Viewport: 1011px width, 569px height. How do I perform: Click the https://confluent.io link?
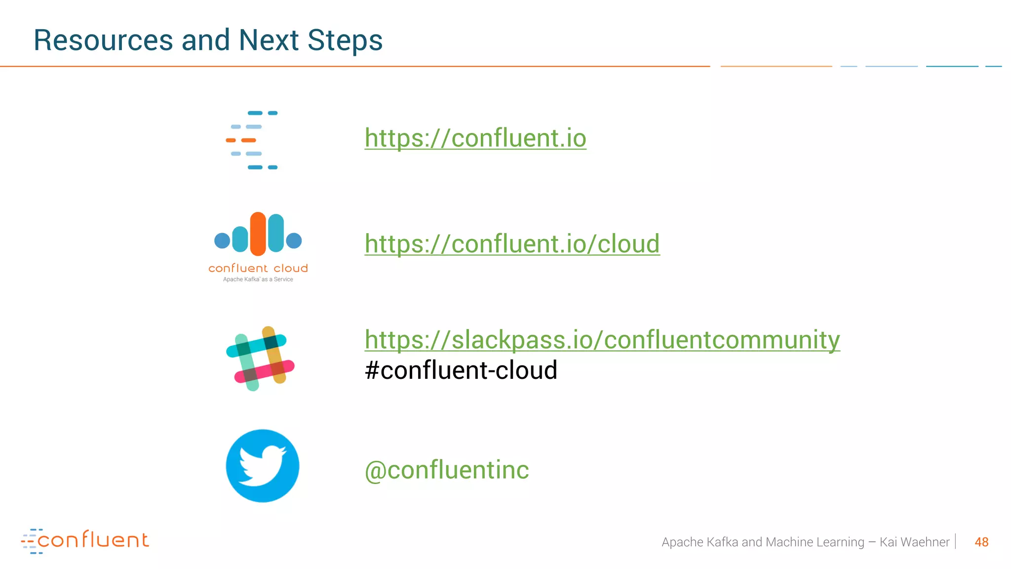475,138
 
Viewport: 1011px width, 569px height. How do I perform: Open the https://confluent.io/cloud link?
512,244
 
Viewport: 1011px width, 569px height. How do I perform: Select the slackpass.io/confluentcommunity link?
602,340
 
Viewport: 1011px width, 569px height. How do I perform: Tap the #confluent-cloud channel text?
461,370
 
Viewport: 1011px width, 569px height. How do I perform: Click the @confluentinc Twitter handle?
447,470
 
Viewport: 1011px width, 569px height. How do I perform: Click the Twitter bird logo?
263,466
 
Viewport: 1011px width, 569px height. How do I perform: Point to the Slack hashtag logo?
260,359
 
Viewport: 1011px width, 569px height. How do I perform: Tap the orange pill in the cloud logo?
258,234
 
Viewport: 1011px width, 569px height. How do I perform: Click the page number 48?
981,542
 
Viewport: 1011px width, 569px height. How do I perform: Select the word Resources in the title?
103,40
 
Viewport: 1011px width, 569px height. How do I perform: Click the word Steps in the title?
345,40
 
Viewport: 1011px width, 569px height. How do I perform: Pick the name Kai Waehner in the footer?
914,542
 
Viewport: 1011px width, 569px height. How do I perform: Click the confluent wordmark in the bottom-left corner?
93,540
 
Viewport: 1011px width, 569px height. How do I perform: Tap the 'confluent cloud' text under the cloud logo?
258,268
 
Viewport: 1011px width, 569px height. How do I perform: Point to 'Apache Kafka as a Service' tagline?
258,280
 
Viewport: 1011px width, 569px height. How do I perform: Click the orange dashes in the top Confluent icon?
241,140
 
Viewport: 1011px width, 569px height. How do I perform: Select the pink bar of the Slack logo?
265,371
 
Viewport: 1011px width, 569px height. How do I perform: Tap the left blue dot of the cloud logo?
222,241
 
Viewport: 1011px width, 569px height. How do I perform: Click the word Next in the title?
269,40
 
